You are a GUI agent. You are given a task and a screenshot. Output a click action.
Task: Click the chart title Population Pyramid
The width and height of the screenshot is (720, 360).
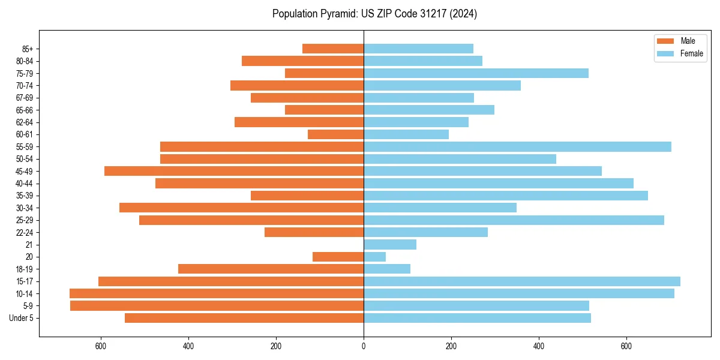click(x=374, y=14)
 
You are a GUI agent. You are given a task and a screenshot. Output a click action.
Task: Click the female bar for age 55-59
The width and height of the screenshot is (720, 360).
click(x=517, y=146)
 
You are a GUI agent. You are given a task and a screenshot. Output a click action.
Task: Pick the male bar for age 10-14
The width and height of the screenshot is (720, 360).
click(x=217, y=293)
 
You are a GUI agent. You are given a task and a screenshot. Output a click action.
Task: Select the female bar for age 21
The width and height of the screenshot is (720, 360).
click(x=390, y=245)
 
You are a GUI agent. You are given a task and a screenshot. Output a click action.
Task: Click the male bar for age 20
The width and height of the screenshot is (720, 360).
click(x=338, y=257)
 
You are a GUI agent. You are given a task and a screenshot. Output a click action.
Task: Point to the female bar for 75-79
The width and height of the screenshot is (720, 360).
click(x=476, y=73)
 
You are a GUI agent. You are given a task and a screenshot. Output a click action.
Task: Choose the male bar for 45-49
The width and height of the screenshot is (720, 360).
click(x=234, y=171)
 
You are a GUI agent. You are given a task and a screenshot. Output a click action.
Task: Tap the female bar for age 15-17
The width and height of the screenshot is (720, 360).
click(x=522, y=281)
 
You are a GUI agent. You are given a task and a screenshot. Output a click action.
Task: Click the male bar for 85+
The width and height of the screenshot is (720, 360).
click(x=333, y=49)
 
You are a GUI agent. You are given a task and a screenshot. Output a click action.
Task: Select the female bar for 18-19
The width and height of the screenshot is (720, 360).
click(x=387, y=269)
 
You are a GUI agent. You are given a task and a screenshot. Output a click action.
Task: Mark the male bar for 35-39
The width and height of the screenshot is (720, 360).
click(x=307, y=196)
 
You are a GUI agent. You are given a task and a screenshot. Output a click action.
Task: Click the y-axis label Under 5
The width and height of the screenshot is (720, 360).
click(x=21, y=318)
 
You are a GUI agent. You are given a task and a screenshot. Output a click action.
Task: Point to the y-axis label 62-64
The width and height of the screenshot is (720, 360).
click(x=25, y=122)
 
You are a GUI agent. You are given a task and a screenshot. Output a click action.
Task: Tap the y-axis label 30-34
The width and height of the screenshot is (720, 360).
click(x=25, y=208)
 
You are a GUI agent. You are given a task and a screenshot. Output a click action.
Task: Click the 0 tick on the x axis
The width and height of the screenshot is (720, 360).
click(x=364, y=346)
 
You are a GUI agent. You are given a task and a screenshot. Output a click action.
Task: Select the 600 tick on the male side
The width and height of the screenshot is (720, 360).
click(x=101, y=346)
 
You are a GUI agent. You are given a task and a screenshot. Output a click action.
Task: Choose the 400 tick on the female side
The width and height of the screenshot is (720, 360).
click(x=539, y=346)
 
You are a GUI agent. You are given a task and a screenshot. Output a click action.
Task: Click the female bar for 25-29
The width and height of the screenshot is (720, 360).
click(x=514, y=220)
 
